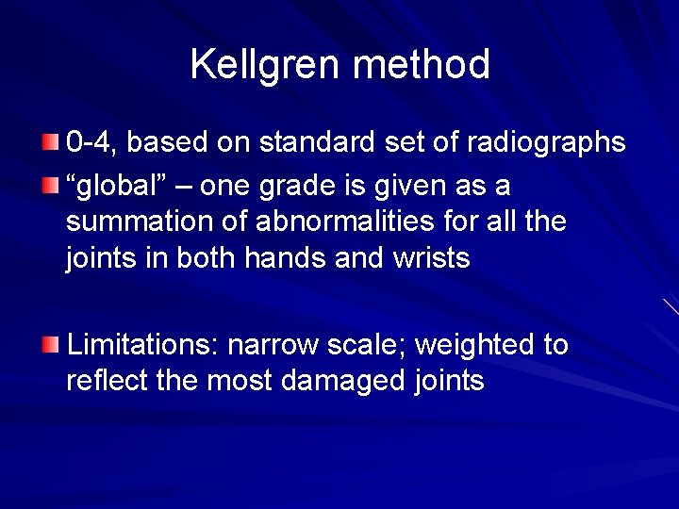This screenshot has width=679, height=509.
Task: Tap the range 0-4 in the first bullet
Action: [x=91, y=142]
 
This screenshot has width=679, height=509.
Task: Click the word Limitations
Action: [x=142, y=345]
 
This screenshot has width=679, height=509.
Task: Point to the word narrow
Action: [x=273, y=345]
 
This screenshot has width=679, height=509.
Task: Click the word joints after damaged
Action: [x=449, y=381]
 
